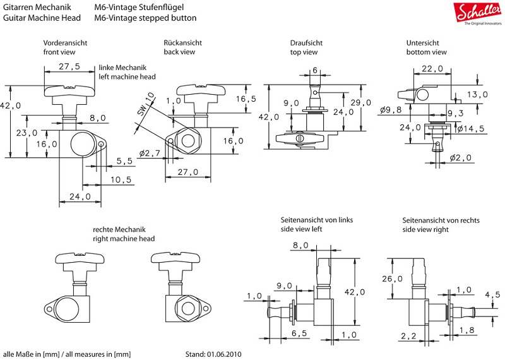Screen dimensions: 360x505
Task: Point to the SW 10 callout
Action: click(x=145, y=104)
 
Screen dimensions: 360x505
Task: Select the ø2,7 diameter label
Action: click(x=151, y=153)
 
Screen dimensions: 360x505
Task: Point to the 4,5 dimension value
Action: click(x=492, y=294)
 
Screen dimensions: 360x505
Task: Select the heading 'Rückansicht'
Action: click(x=182, y=42)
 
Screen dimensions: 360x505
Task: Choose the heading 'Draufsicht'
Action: click(x=306, y=42)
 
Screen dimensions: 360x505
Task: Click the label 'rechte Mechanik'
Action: click(x=119, y=229)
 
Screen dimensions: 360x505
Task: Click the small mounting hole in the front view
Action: click(x=102, y=145)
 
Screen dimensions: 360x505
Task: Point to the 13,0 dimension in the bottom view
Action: click(x=477, y=94)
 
